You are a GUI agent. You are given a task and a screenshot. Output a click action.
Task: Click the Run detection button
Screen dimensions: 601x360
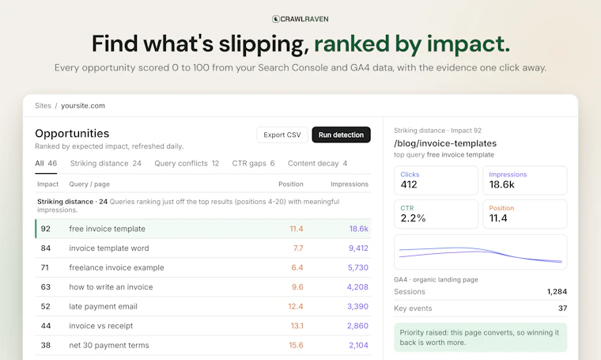[x=341, y=135]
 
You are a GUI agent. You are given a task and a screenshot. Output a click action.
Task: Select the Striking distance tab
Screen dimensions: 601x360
[x=105, y=163]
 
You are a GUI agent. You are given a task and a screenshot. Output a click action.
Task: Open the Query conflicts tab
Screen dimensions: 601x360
[x=187, y=163]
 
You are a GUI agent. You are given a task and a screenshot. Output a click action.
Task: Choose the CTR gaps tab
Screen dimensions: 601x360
[x=253, y=163]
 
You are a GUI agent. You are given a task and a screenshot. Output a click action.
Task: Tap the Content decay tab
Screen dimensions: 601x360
[x=317, y=163]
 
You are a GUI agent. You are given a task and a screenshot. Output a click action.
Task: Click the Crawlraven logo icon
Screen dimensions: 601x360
[x=275, y=19]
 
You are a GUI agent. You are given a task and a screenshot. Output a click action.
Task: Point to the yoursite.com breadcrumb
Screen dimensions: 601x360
[x=83, y=106]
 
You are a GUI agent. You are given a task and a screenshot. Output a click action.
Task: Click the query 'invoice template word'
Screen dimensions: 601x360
[x=109, y=248]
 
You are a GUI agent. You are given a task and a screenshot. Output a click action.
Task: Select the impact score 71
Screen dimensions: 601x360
[x=45, y=267]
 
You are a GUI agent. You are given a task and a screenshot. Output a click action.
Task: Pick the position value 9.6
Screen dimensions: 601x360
[x=297, y=286]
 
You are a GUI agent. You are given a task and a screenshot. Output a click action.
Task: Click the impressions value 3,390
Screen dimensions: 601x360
[x=357, y=306]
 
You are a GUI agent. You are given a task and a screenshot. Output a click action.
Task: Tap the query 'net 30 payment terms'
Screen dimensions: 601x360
[x=109, y=345]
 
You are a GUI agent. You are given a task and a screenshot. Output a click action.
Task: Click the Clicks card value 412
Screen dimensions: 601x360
[x=409, y=185]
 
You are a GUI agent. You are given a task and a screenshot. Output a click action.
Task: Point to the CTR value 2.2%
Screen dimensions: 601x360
[x=413, y=218]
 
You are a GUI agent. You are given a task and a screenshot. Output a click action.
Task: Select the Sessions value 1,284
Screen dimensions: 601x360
[x=557, y=292]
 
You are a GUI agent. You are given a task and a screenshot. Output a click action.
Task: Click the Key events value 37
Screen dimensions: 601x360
[x=563, y=309]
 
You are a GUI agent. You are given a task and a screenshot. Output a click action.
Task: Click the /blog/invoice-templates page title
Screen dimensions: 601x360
[x=445, y=143]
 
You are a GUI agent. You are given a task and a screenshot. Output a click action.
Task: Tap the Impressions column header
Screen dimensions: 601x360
[x=350, y=184]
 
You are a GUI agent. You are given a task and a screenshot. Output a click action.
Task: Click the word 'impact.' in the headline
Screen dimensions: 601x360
[x=468, y=44]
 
